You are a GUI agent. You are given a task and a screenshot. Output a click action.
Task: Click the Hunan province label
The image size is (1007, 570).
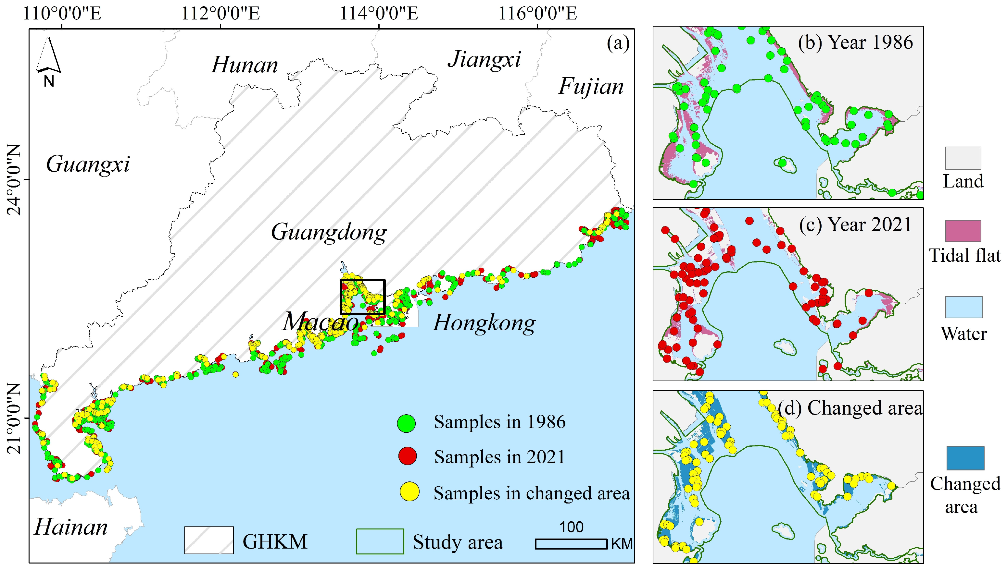coord(245,65)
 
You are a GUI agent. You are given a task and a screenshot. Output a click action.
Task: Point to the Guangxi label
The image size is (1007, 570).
coord(88,164)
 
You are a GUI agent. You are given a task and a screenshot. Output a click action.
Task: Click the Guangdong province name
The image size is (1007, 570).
coord(329,232)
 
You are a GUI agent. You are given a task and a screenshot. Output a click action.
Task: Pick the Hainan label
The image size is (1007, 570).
coord(70,527)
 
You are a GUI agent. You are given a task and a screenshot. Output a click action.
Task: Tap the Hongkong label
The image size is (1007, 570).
coord(484,323)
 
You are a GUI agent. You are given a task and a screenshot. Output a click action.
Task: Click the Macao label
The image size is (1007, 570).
coord(320,322)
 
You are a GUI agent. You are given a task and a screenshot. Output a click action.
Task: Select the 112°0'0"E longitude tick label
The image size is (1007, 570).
coord(220,14)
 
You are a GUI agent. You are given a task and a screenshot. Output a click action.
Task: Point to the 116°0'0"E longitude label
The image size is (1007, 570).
coord(537,14)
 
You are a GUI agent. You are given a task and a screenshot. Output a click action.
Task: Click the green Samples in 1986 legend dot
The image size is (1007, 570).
coord(406,423)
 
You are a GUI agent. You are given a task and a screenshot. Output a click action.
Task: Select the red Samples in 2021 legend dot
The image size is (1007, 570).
coord(408,456)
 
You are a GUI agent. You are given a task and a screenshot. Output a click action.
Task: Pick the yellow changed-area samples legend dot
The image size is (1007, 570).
coord(409,492)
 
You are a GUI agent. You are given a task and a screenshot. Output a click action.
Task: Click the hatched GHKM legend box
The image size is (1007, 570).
coord(209,540)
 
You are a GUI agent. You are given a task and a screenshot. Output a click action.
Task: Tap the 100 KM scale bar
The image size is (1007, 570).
coord(571,543)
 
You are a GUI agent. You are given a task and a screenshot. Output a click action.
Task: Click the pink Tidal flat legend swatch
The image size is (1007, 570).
coord(963,231)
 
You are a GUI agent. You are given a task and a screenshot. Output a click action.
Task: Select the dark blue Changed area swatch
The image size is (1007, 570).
coord(965,458)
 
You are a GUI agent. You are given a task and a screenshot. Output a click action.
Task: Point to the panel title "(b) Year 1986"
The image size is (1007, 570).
coord(855,42)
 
